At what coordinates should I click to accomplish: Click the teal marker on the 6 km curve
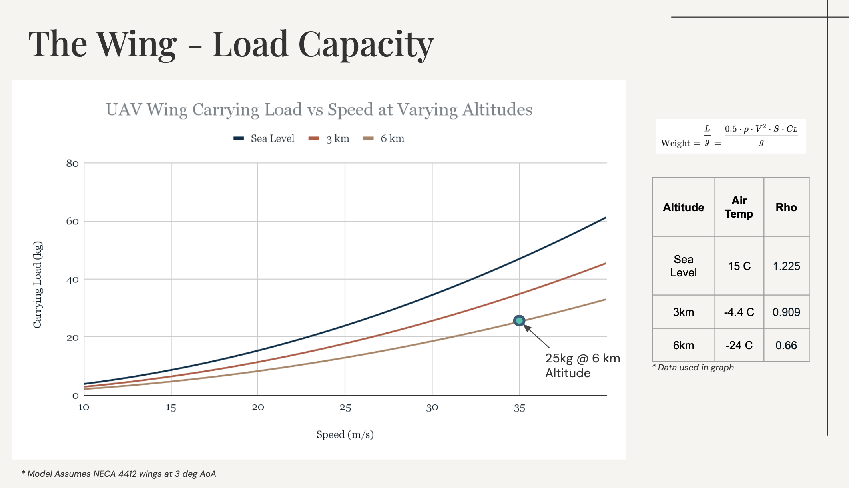coord(519,320)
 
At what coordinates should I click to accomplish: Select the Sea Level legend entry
coord(264,138)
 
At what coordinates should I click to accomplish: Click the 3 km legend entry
coord(329,138)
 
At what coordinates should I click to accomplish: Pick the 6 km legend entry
coord(384,138)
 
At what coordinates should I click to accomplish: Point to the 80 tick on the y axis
coord(72,163)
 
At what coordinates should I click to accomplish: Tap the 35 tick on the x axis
coord(519,408)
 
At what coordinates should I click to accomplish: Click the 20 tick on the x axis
coord(258,408)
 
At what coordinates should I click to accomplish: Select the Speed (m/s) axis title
coord(345,434)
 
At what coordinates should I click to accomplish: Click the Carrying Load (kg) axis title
coord(38,284)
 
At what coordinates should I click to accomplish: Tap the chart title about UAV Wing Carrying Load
coord(319,110)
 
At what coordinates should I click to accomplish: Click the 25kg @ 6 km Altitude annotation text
coord(582,365)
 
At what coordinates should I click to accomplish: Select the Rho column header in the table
coord(786,207)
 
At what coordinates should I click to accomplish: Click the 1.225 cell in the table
coord(786,266)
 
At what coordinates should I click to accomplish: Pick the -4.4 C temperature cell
coord(739,312)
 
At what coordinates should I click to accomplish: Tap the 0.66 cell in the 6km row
coord(786,345)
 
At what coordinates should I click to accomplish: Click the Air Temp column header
coord(739,207)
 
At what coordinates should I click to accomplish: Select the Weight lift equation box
coord(730,136)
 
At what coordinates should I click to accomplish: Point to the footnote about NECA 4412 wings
coord(119,474)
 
